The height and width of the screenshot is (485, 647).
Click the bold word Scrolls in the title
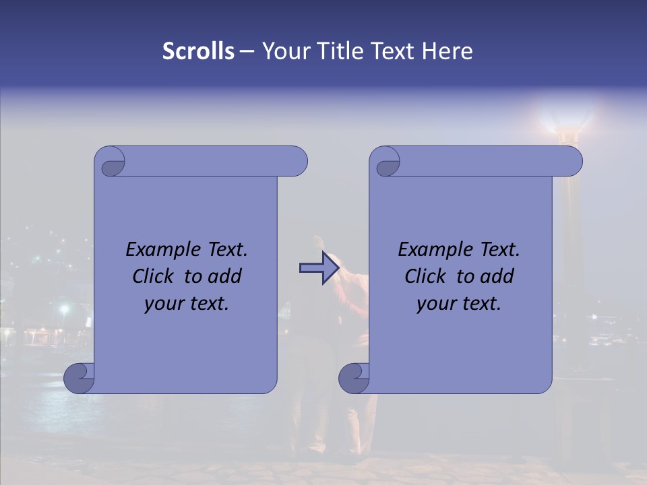pyautogui.click(x=198, y=51)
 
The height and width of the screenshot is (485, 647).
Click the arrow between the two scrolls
pyautogui.click(x=319, y=268)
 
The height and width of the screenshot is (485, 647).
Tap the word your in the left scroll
pyautogui.click(x=163, y=304)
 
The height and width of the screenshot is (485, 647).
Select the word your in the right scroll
pyautogui.click(x=435, y=304)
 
